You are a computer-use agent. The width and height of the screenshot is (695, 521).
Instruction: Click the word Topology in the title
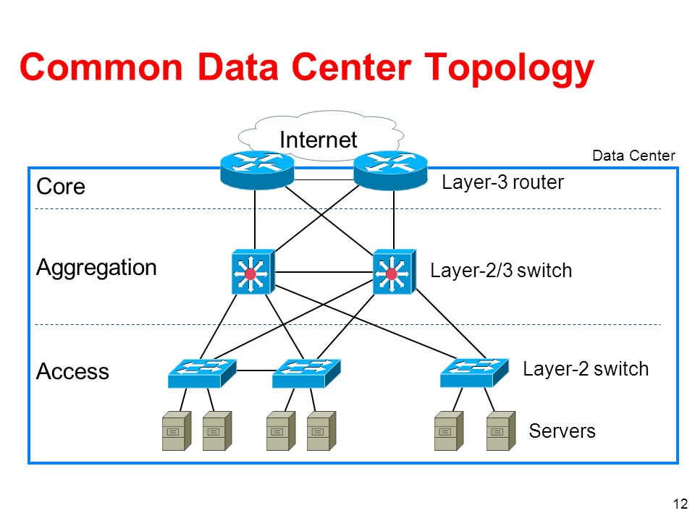(509, 68)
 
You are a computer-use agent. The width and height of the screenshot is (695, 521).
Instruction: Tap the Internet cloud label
(319, 140)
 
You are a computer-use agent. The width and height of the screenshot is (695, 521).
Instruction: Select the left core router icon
(257, 171)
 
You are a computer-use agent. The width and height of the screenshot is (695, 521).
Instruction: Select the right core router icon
(390, 171)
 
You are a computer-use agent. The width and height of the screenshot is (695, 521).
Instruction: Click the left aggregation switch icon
(253, 271)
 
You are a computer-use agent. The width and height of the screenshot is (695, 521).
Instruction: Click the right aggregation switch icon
(395, 271)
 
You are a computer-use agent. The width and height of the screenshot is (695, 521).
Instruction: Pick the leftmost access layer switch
(202, 373)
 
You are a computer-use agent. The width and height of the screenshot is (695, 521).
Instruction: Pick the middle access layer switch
(306, 373)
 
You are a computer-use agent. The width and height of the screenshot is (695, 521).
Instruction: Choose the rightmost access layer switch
(474, 373)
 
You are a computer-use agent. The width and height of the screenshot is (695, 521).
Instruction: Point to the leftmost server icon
(177, 431)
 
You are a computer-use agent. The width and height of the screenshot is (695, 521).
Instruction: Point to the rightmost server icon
(501, 431)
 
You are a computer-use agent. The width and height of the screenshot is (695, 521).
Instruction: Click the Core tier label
(61, 187)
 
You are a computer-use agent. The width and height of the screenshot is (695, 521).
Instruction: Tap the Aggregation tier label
(96, 268)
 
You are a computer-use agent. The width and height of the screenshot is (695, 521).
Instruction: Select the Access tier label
(72, 371)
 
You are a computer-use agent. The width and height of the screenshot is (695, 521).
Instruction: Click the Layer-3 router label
(502, 182)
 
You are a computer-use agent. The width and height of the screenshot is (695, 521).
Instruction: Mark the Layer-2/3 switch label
(501, 270)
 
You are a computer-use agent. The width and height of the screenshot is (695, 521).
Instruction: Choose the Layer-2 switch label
(586, 368)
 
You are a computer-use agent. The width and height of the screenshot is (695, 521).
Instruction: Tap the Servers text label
(562, 431)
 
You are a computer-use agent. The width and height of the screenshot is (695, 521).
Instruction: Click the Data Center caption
(634, 156)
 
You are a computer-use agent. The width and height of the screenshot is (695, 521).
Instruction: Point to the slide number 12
(681, 504)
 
